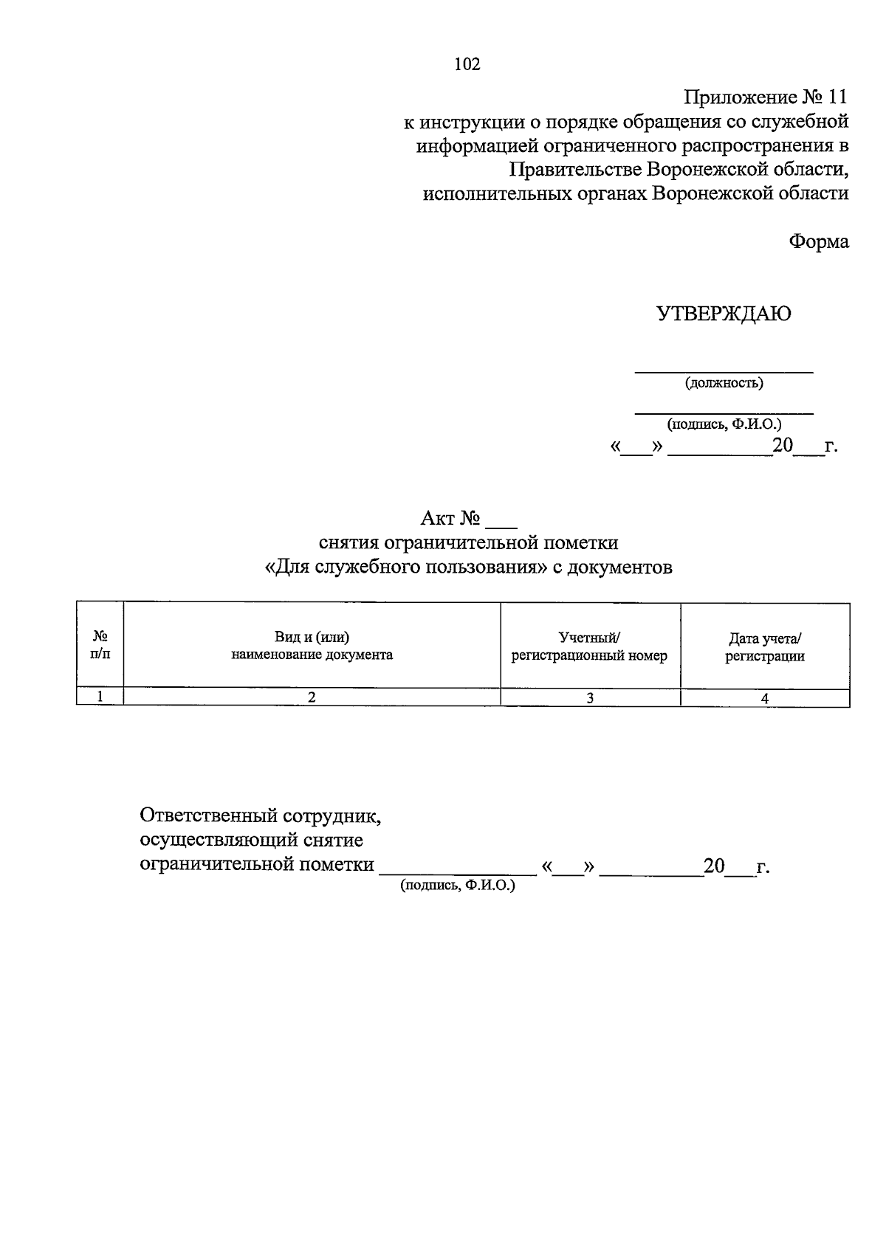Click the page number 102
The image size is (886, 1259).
[467, 65]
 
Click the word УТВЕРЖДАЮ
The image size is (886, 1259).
[724, 314]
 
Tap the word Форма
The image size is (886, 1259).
[819, 241]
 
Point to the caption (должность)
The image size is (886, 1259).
[724, 383]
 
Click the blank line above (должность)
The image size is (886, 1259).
[724, 371]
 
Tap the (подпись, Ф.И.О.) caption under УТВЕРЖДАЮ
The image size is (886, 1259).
[724, 424]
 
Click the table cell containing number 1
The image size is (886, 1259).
[100, 697]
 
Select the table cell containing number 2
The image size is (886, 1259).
[312, 697]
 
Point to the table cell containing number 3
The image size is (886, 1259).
[590, 698]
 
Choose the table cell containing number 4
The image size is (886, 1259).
[765, 698]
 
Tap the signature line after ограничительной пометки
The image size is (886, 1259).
[458, 871]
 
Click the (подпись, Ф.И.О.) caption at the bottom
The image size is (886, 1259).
[458, 886]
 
